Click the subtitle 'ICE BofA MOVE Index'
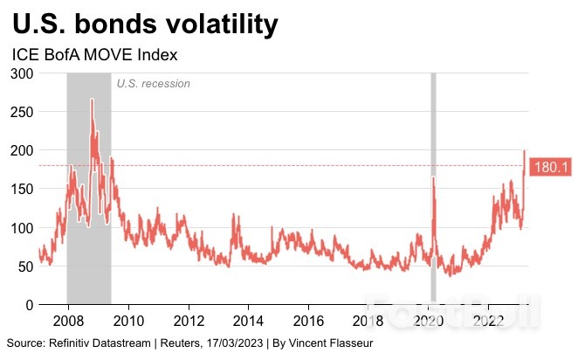[x=95, y=55]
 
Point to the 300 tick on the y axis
[x=22, y=74]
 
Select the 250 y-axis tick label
[x=22, y=113]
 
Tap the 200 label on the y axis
[x=22, y=150]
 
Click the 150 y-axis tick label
[x=22, y=189]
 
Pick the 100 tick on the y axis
[x=22, y=227]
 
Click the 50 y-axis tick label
[x=25, y=266]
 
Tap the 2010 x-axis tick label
[x=128, y=319]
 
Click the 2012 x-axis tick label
[x=189, y=319]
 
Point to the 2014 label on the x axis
[x=249, y=319]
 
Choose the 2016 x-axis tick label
[x=309, y=319]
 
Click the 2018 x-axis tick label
[x=369, y=319]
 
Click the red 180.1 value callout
[x=550, y=166]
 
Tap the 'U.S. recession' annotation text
[x=153, y=84]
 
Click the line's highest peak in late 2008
[x=92, y=100]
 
